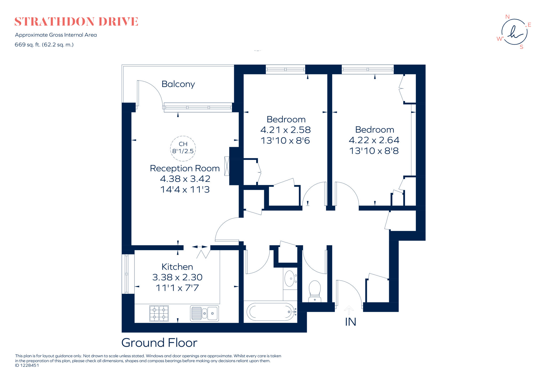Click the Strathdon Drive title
click(x=76, y=22)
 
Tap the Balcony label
click(x=178, y=84)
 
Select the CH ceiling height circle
click(x=183, y=148)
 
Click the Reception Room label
click(x=185, y=168)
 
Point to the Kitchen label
click(x=177, y=267)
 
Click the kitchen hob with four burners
click(x=159, y=313)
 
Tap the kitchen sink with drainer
click(x=204, y=313)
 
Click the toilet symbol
click(x=315, y=291)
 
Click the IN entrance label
click(x=350, y=322)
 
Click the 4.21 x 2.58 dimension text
click(x=286, y=130)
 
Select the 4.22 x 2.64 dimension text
click(x=374, y=140)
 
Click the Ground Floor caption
click(x=159, y=343)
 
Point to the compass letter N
click(x=507, y=17)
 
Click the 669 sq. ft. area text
click(x=44, y=45)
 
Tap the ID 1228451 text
click(x=27, y=366)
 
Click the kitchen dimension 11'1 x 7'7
click(x=177, y=288)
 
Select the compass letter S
click(x=521, y=47)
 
